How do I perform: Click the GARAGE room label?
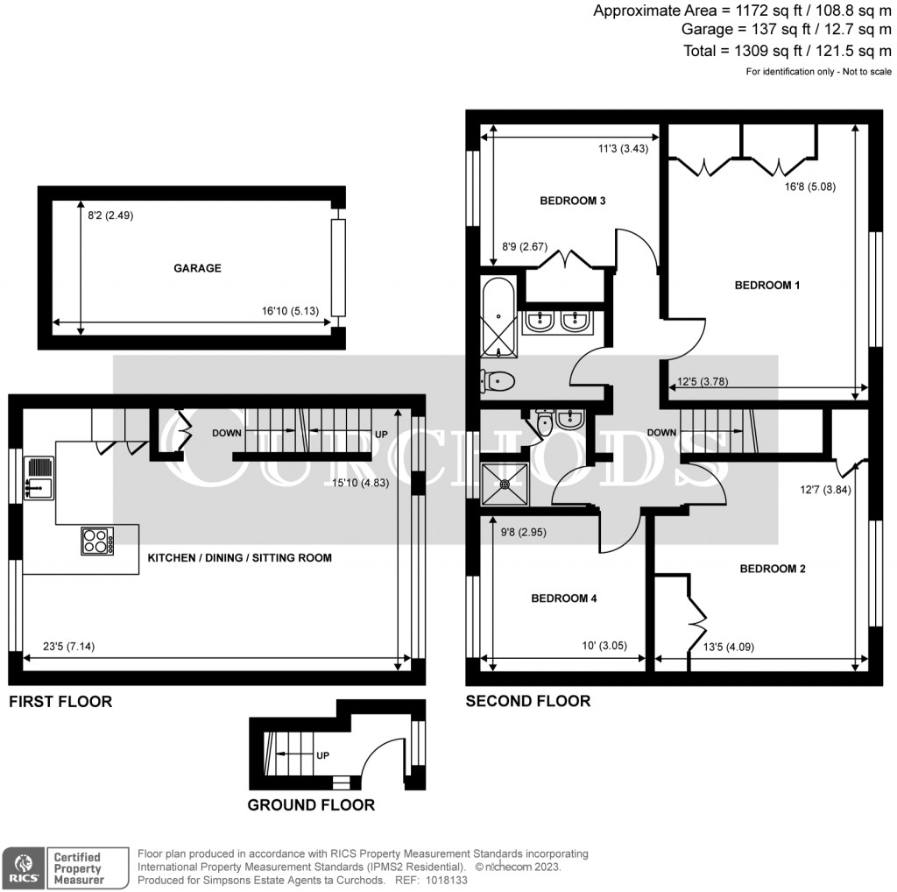click(x=197, y=268)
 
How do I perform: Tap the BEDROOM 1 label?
click(x=767, y=285)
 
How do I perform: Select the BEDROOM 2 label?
click(x=773, y=569)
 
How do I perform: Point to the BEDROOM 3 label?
click(x=573, y=201)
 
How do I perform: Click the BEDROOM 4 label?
click(x=564, y=598)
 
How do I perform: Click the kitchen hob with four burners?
click(x=98, y=541)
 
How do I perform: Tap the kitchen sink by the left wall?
click(x=40, y=478)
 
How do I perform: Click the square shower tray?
click(x=505, y=483)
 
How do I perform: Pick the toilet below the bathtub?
click(x=498, y=381)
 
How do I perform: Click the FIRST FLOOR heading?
click(x=60, y=702)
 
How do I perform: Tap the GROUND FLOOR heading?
click(x=311, y=804)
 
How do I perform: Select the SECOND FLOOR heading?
click(x=527, y=701)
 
